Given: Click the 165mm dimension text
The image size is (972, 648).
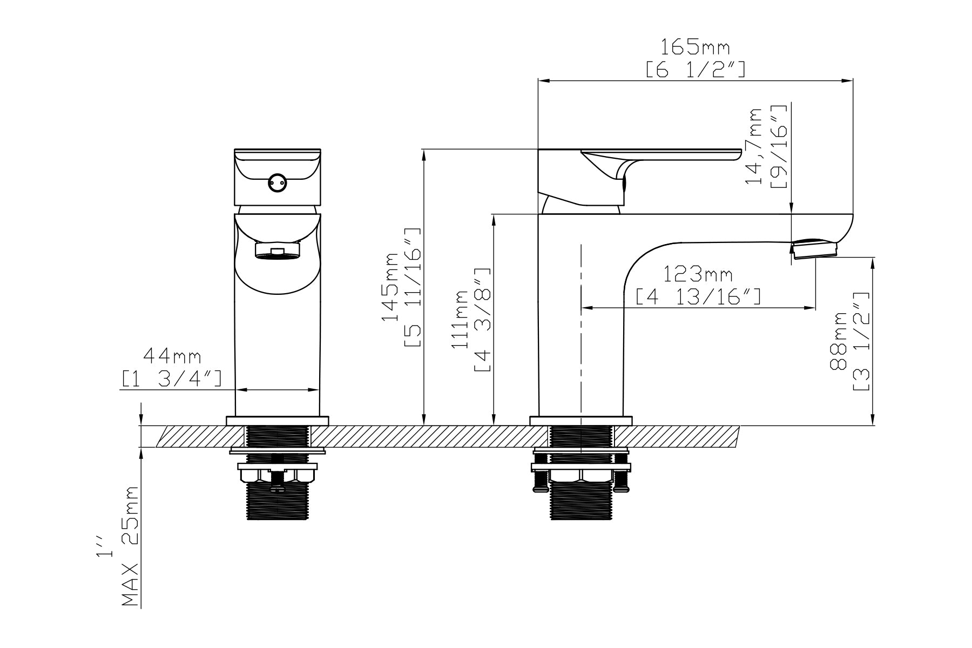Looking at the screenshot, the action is pyautogui.click(x=696, y=48).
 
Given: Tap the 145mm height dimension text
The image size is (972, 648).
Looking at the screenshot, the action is pyautogui.click(x=391, y=286).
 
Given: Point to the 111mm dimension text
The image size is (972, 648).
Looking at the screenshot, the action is pyautogui.click(x=462, y=320).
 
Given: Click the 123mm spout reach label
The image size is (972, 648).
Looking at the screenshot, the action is pyautogui.click(x=698, y=275).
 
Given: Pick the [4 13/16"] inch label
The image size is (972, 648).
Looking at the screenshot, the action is pyautogui.click(x=698, y=296).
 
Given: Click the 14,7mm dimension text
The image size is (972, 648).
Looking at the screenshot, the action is pyautogui.click(x=753, y=146).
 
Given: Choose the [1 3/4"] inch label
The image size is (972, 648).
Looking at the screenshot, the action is pyautogui.click(x=172, y=378).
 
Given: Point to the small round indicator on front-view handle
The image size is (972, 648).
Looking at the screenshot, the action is pyautogui.click(x=278, y=183).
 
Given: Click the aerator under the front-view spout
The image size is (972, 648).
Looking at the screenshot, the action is pyautogui.click(x=278, y=251).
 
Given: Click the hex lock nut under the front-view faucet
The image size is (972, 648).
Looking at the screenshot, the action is pyautogui.click(x=277, y=475).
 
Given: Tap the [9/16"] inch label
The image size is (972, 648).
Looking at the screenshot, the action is pyautogui.click(x=778, y=146).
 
